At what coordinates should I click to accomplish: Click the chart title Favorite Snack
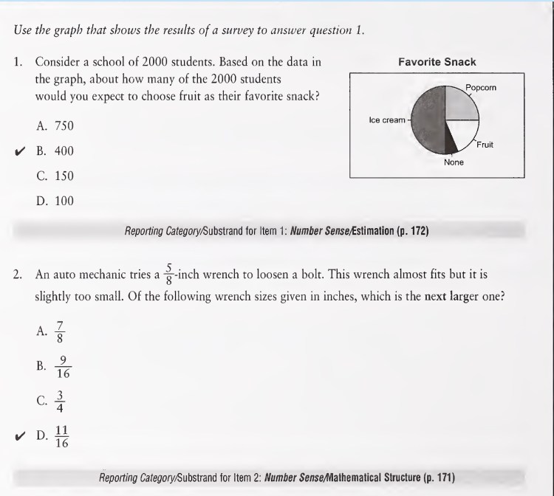[x=437, y=62]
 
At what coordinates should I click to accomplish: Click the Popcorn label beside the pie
[x=481, y=87]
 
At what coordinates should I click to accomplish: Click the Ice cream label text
[x=386, y=119]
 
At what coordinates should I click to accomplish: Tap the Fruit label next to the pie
[x=485, y=144]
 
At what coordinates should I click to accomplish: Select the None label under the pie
[x=454, y=162]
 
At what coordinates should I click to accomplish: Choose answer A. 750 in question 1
[x=55, y=127]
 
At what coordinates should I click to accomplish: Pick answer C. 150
[x=55, y=176]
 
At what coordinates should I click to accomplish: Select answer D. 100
[x=55, y=200]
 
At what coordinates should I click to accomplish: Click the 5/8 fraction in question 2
[x=169, y=273]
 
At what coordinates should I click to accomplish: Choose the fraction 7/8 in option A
[x=61, y=331]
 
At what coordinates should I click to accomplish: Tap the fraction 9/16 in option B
[x=64, y=367]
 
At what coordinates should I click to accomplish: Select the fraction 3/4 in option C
[x=61, y=401]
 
